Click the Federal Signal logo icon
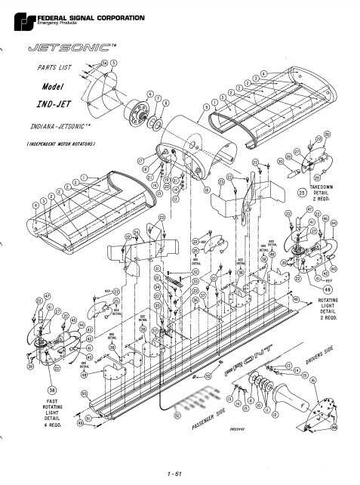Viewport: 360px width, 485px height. pyautogui.click(x=17, y=15)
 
